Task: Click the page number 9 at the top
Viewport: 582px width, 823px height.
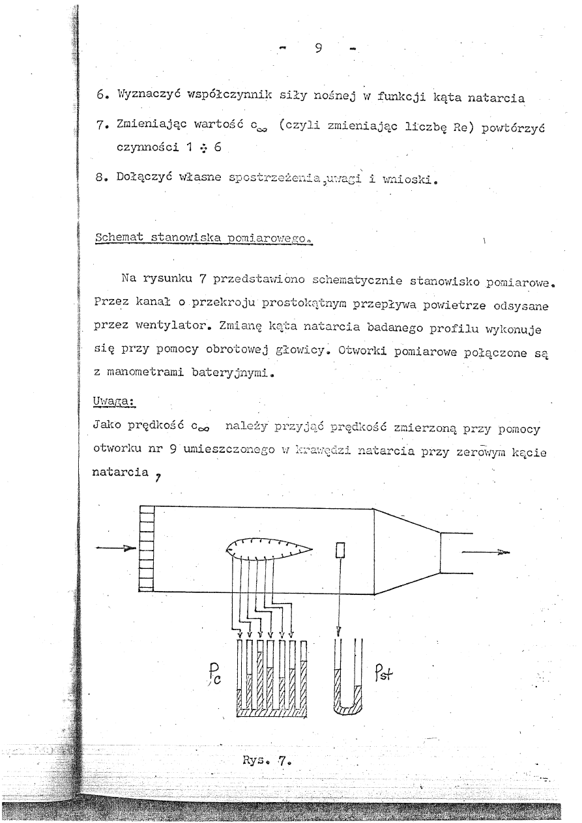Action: click(319, 48)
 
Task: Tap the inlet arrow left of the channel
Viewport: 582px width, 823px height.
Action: click(116, 549)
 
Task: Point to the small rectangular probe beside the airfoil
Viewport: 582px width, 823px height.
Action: click(340, 551)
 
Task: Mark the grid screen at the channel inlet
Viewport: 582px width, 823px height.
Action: click(146, 549)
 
